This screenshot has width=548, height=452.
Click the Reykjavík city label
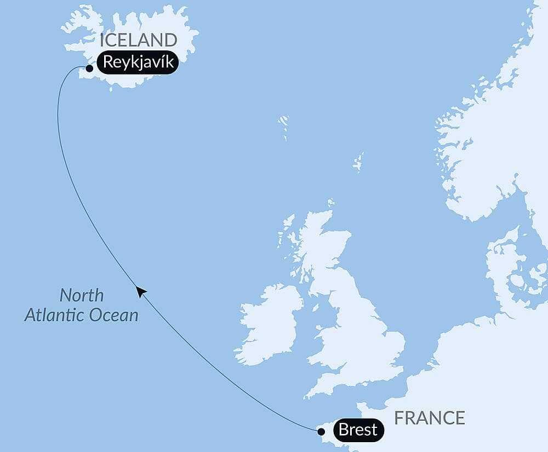[x=138, y=62]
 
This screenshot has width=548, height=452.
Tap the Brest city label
[x=358, y=430]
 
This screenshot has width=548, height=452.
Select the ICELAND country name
[x=138, y=40]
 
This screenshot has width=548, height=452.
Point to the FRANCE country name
[x=430, y=417]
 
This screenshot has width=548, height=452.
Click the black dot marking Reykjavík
[x=89, y=68]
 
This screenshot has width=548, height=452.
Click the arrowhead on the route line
[x=141, y=291]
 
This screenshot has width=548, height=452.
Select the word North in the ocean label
[x=81, y=295]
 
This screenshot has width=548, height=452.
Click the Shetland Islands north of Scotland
[x=358, y=163]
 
